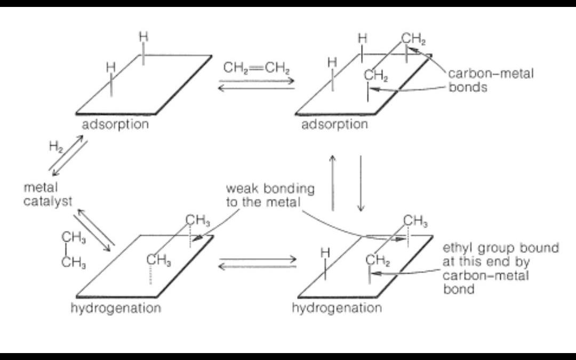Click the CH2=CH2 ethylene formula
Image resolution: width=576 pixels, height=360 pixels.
(x=257, y=68)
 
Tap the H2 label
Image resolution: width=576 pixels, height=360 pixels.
(x=55, y=148)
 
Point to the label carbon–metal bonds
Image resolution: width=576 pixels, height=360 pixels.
(x=490, y=81)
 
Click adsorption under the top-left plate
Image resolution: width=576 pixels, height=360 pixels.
(x=115, y=125)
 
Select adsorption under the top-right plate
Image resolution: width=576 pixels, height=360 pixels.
(x=334, y=125)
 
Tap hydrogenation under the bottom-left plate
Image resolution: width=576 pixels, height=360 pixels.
(x=116, y=308)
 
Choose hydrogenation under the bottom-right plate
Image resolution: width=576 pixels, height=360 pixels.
(x=337, y=308)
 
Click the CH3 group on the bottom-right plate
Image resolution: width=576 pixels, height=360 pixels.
(x=415, y=220)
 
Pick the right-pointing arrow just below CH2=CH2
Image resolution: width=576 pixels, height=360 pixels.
(x=257, y=81)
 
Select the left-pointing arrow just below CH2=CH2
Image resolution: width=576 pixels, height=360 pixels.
(x=256, y=87)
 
